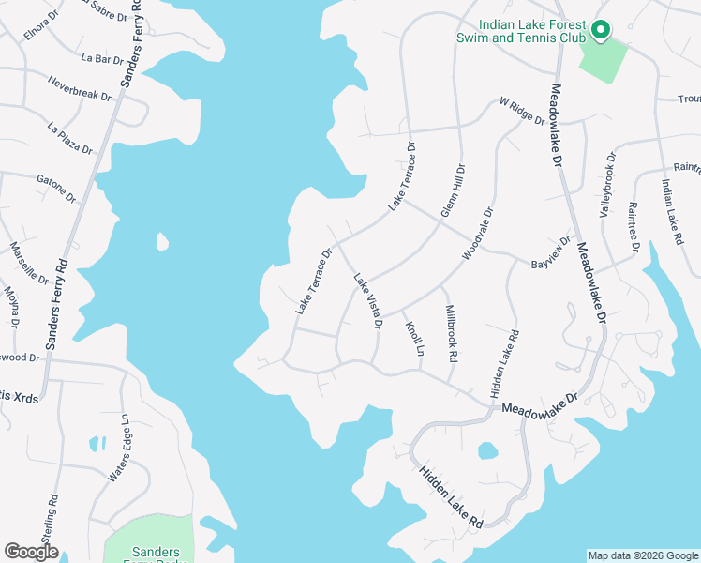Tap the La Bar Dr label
102,59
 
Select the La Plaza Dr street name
70,137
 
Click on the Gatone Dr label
55,188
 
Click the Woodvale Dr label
477,235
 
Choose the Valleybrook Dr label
605,187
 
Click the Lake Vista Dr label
367,300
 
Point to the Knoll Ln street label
414,338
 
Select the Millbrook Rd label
451,333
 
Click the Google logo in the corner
31,552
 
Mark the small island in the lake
162,242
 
